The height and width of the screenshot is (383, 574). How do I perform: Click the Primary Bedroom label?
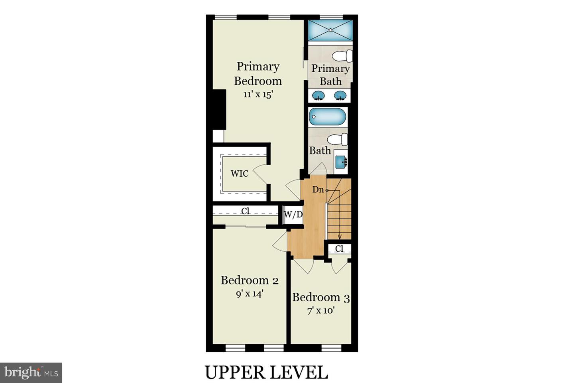258,74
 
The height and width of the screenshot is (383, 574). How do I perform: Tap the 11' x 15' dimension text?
258,95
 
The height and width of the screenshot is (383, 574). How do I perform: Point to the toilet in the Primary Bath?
343,56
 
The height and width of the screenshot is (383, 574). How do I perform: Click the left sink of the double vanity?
318,95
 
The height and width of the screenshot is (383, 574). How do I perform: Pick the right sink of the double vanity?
340,95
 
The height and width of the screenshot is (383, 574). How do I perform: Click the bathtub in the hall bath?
328,117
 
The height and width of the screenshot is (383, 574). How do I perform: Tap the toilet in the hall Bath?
338,140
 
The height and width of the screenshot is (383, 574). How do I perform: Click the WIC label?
240,174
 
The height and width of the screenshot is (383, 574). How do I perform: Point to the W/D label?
293,215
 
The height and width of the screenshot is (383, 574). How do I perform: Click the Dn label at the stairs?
318,190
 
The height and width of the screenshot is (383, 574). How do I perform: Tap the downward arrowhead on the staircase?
340,237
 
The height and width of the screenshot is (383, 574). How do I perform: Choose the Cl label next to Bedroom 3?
339,249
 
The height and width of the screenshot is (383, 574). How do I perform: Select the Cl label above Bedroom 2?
246,211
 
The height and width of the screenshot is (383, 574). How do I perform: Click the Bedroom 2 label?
250,280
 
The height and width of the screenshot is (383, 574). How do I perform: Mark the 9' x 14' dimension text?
250,294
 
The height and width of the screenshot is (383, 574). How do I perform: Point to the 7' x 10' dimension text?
320,310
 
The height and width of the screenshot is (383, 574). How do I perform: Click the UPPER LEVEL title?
266,372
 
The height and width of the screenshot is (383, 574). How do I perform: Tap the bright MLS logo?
31,373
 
